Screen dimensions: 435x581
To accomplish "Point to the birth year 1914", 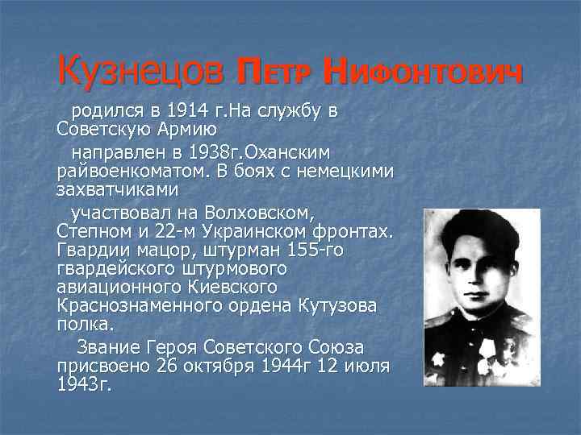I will click(187, 110).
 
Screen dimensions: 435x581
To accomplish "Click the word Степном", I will click(92, 233).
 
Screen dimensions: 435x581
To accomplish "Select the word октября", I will click(217, 367).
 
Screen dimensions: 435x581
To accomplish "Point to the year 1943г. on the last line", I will click(84, 384).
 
